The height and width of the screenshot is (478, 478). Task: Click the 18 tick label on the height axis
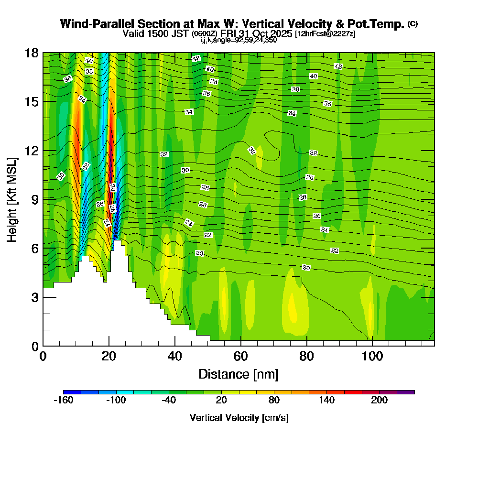click(x=32, y=53)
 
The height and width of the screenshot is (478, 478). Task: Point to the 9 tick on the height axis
click(x=43, y=199)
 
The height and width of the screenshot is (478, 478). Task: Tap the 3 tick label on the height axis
click(x=35, y=297)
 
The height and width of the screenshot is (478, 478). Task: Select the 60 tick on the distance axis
click(x=241, y=346)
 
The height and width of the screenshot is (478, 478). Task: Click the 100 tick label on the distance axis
click(x=372, y=357)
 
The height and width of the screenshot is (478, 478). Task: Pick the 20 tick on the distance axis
click(x=109, y=346)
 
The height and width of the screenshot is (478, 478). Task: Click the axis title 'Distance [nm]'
click(x=239, y=374)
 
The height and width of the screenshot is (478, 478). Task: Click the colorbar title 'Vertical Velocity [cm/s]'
click(x=239, y=418)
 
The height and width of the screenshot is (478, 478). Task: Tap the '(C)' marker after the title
click(x=413, y=24)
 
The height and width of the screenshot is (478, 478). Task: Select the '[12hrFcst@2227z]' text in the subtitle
click(x=325, y=34)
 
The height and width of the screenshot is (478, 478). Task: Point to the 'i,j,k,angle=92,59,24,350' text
click(x=239, y=40)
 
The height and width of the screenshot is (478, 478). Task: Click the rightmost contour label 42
click(x=338, y=66)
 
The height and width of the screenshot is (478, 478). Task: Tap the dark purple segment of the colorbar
click(x=406, y=392)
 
